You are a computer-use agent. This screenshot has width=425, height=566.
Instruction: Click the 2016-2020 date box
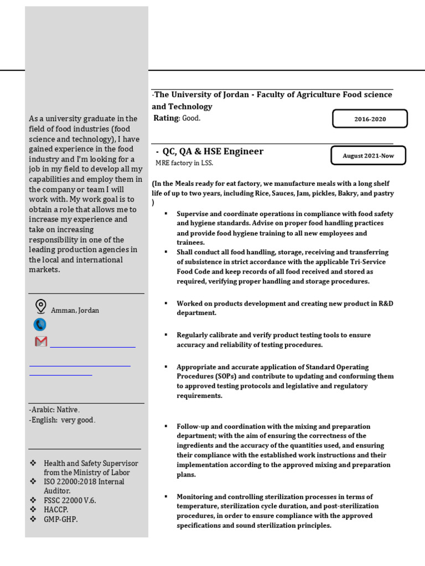370,119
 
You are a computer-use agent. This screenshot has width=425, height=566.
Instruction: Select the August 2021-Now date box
368,156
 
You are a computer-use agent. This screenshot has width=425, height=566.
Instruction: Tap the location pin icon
40,306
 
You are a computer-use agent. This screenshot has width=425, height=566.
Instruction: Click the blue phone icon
40,324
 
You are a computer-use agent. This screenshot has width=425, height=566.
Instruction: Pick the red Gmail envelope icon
41,342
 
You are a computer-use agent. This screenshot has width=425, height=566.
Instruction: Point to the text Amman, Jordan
75,311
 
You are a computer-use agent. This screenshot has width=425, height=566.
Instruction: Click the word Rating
165,118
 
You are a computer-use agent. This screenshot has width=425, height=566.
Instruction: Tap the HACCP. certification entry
58,510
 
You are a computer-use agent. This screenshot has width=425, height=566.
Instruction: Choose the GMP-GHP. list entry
61,520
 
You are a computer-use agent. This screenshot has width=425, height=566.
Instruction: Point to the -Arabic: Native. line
54,410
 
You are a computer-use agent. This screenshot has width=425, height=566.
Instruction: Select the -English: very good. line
62,420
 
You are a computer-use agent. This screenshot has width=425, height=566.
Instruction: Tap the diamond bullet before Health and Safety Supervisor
33,463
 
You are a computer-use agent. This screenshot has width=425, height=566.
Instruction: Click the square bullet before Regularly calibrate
165,334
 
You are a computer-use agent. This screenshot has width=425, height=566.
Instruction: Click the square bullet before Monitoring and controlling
165,496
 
